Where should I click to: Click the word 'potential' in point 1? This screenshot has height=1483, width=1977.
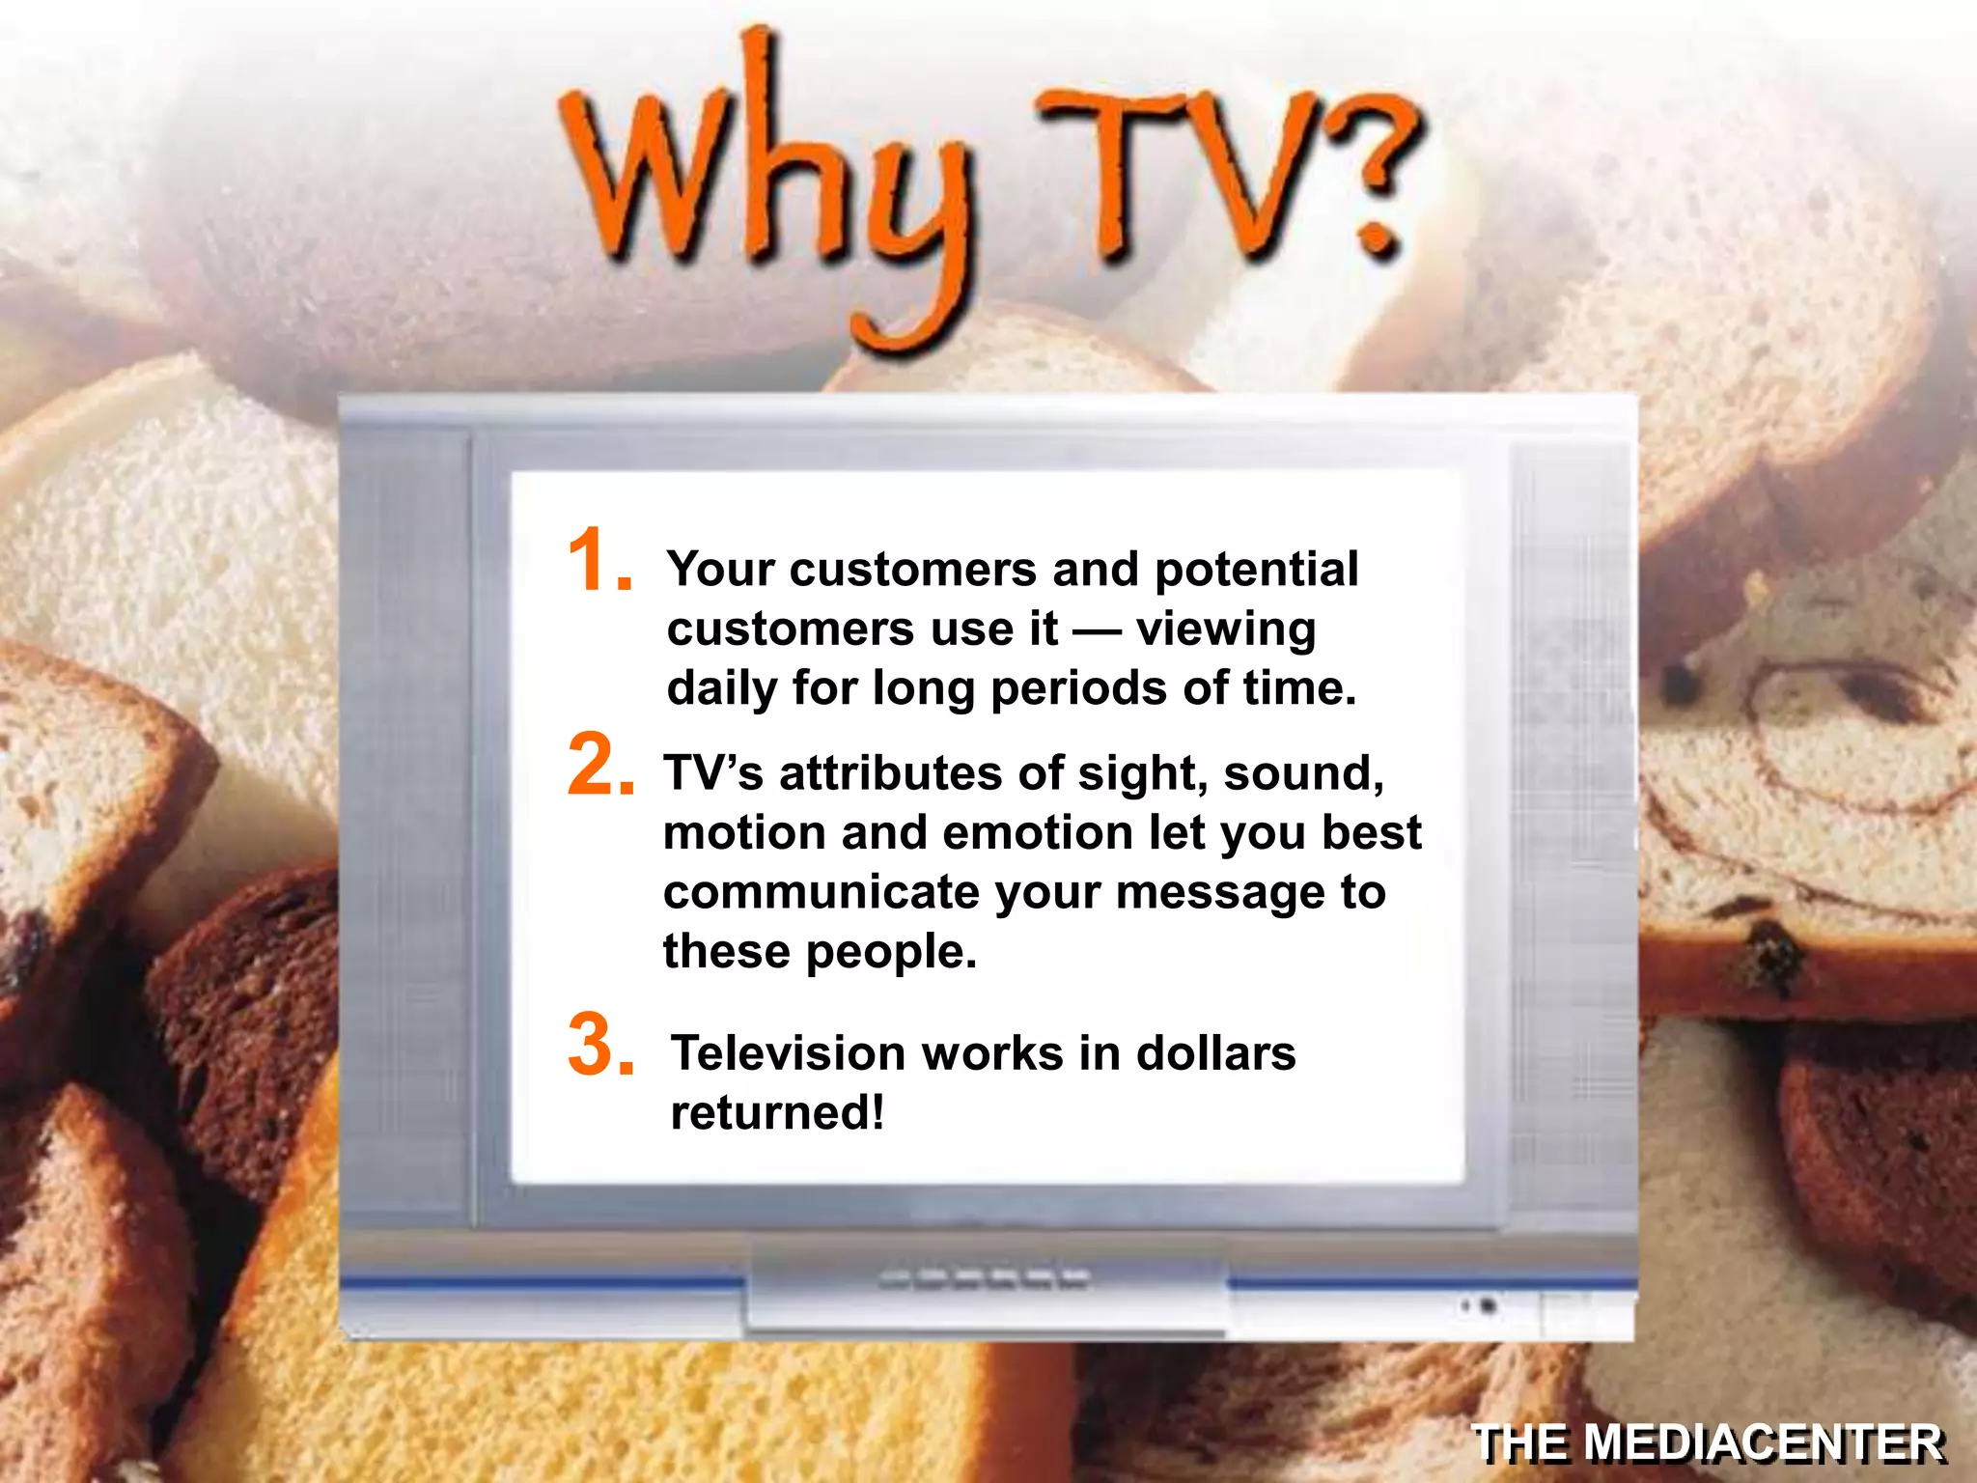tap(1256, 570)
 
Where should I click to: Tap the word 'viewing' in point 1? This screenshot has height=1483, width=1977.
tap(1225, 630)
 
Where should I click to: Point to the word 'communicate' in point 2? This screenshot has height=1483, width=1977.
tap(821, 892)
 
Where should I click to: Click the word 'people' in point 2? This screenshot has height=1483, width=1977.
tap(891, 953)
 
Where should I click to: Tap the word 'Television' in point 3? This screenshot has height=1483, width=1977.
tap(788, 1053)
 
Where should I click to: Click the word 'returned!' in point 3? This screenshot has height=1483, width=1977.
tap(777, 1112)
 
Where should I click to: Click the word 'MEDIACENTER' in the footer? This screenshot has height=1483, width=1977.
tap(1763, 1443)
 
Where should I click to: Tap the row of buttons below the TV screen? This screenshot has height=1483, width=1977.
tap(984, 1280)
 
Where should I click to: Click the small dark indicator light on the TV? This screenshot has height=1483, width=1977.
tap(1488, 1306)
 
